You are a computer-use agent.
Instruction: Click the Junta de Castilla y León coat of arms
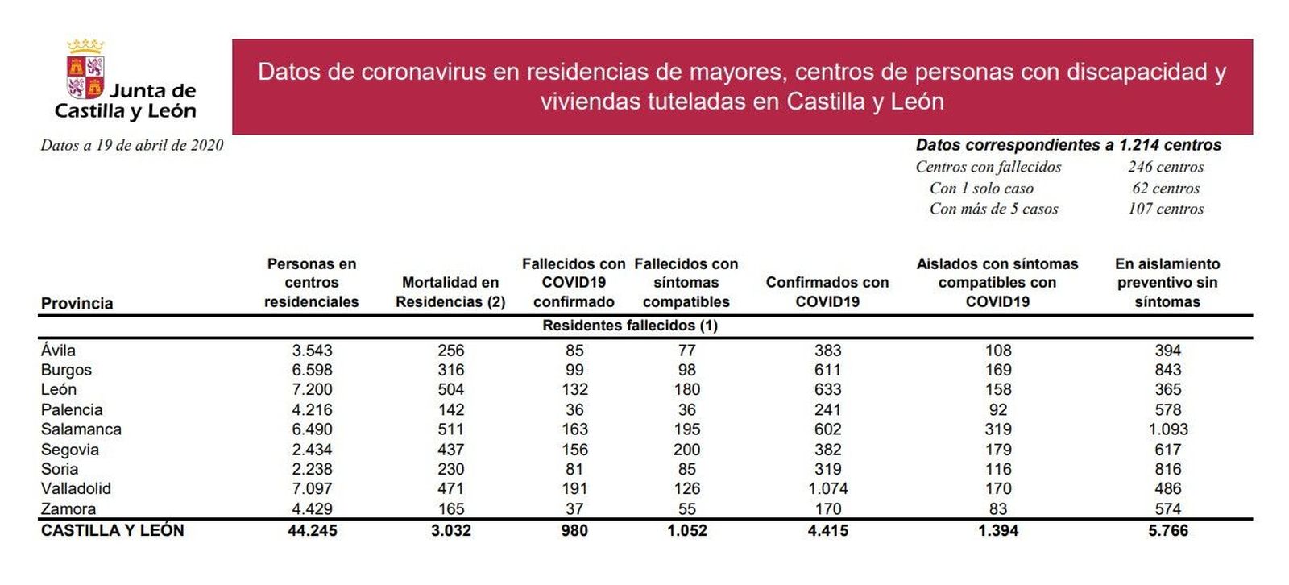coord(85,70)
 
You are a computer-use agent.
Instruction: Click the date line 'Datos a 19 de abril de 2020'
coord(132,145)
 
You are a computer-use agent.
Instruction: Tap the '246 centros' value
coord(1166,167)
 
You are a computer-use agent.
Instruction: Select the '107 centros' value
coord(1166,209)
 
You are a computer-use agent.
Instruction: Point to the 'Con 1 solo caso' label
coord(981,188)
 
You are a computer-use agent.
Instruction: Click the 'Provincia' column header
coord(77,303)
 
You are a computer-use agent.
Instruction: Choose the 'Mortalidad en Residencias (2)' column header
coord(450,292)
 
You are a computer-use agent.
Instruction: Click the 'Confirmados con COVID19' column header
coord(827,292)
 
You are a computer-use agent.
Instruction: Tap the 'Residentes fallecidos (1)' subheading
coord(630,326)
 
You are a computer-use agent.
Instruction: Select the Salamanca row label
coord(81,429)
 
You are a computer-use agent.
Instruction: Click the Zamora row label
coord(68,508)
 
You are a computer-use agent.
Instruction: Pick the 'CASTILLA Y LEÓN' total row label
coord(113,530)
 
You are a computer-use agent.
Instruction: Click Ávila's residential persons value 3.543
coord(312,351)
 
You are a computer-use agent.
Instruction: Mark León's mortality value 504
coord(451,389)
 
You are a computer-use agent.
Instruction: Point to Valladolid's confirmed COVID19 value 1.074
coord(827,488)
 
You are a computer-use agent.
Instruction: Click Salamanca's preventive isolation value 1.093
coord(1167,429)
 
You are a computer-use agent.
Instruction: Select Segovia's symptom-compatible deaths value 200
coord(686,450)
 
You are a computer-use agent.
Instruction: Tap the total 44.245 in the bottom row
coord(312,530)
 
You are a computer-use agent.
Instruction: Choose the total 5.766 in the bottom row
coord(1167,530)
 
